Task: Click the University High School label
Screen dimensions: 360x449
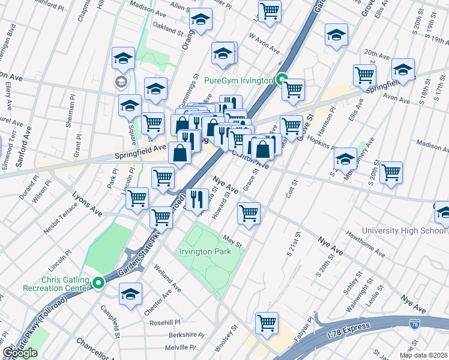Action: [x=404, y=230]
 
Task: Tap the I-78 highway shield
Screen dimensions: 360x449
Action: [x=414, y=324]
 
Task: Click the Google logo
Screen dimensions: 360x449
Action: [x=20, y=353]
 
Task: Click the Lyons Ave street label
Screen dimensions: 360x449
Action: [x=88, y=204]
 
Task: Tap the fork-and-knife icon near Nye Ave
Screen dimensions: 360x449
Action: [x=197, y=199]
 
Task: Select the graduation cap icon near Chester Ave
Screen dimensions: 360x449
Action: [x=130, y=294]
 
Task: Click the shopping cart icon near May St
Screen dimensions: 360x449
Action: [x=249, y=213]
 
